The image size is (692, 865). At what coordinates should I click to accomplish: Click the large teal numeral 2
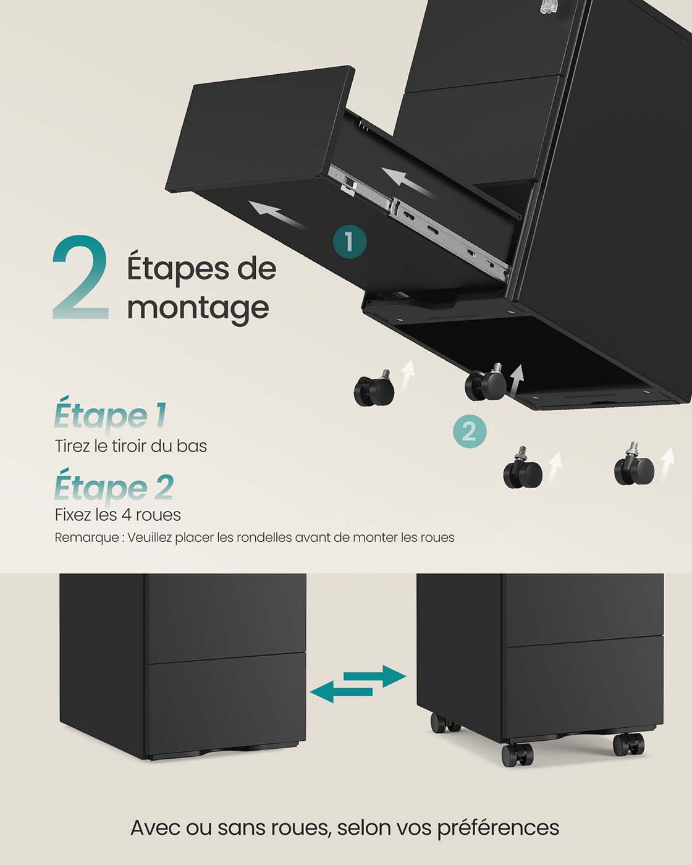(x=80, y=277)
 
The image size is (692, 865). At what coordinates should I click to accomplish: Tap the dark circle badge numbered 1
(x=349, y=242)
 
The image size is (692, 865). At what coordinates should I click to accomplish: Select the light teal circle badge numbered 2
(x=469, y=432)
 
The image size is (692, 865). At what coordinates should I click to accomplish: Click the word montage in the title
(x=198, y=309)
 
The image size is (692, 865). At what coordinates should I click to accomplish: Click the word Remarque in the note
(x=86, y=538)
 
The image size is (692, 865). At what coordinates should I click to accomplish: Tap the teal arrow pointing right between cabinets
(x=375, y=676)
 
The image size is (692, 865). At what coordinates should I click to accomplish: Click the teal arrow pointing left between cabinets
(x=341, y=692)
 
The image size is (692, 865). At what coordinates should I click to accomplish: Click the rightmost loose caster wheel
(x=634, y=465)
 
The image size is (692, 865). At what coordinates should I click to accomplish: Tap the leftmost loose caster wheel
(x=374, y=387)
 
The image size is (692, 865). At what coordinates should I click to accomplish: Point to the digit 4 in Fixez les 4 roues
(x=126, y=515)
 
